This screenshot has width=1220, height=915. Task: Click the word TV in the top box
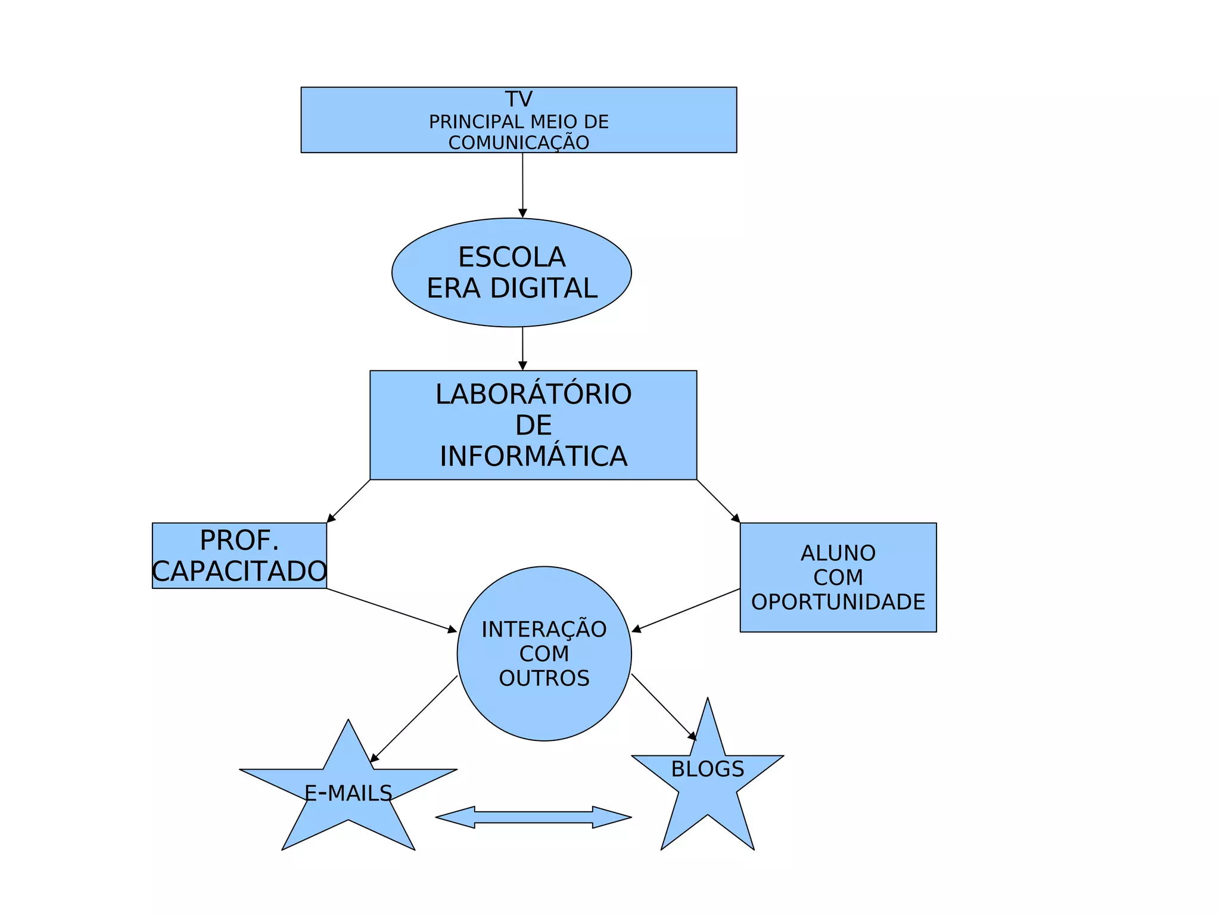[x=518, y=99]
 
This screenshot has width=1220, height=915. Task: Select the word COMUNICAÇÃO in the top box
[x=518, y=143]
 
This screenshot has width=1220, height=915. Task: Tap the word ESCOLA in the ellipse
[x=512, y=258]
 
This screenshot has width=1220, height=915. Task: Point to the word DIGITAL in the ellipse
[x=543, y=289]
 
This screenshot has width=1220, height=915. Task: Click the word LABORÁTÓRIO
[x=533, y=395]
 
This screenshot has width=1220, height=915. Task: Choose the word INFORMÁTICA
[x=533, y=457]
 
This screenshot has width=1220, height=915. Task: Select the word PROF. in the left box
[x=239, y=541]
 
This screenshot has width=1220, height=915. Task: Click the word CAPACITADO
[x=239, y=572]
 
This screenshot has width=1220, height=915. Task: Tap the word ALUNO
[x=838, y=553]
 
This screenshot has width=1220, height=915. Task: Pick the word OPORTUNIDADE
[x=838, y=602]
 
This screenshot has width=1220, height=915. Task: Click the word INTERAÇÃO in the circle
[x=544, y=629]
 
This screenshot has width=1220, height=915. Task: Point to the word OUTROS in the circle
[x=544, y=678]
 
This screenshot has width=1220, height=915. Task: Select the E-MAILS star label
[x=348, y=793]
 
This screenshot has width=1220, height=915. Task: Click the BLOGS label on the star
[x=708, y=769]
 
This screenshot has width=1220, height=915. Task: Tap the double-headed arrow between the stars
[x=533, y=817]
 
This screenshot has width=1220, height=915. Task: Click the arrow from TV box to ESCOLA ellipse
[x=522, y=185]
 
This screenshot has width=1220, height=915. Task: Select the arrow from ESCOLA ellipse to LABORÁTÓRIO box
[x=522, y=349]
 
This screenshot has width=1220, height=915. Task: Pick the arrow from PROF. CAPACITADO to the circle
[x=391, y=610]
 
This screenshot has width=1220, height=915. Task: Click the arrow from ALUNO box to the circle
[x=686, y=610]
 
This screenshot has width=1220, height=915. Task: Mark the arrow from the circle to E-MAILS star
[x=414, y=719]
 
